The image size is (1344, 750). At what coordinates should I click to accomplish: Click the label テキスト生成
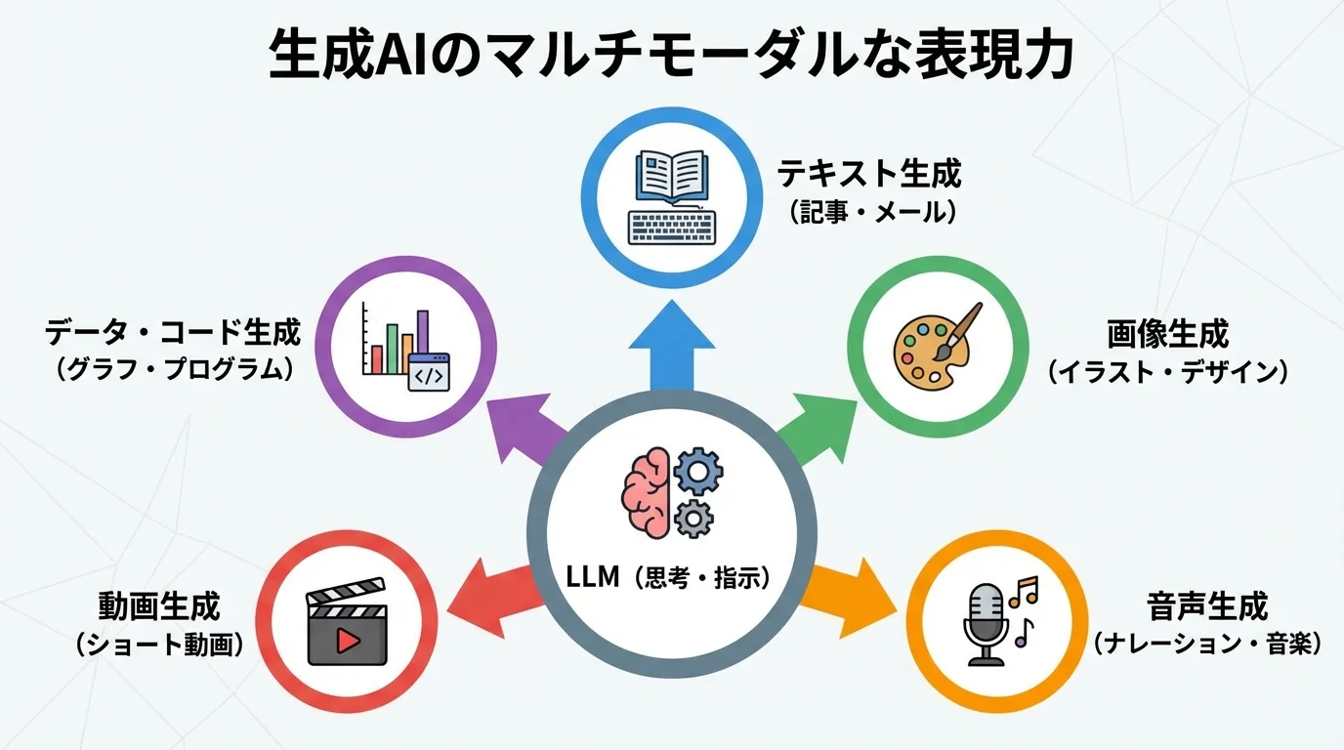click(x=868, y=175)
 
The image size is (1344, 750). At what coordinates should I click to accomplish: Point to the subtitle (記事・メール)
click(x=868, y=212)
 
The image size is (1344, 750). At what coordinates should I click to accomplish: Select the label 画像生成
click(x=1167, y=335)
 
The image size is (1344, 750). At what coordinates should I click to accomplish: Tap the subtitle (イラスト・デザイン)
click(x=1167, y=372)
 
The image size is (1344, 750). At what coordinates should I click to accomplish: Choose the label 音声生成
click(x=1207, y=606)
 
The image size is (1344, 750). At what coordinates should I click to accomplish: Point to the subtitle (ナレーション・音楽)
click(x=1207, y=644)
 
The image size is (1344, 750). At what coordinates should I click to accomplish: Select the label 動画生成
click(x=159, y=606)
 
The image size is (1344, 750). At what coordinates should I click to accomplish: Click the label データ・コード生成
click(x=173, y=335)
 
